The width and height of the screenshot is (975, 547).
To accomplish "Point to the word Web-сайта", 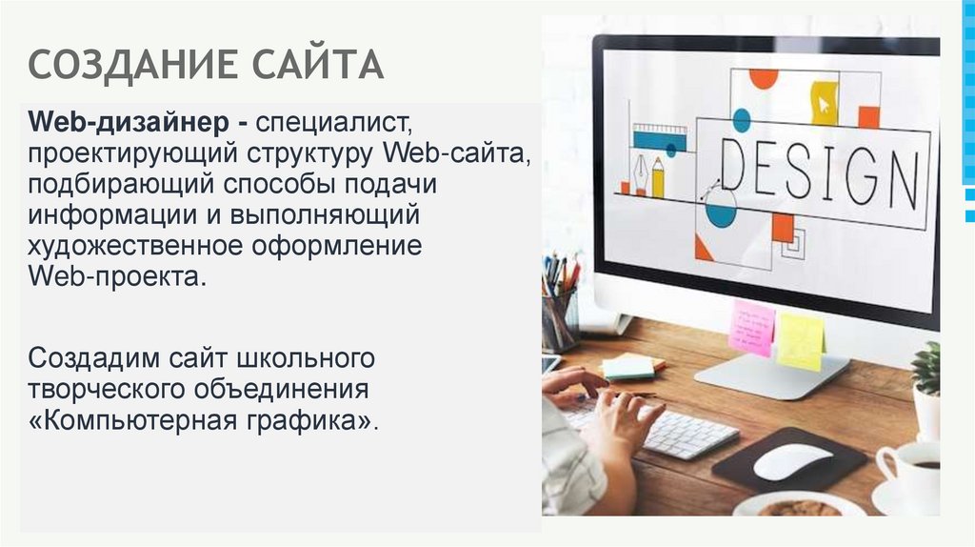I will tap(455, 152).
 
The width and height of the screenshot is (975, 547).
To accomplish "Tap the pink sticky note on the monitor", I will tap(752, 328).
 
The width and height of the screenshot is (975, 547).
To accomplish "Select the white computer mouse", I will tap(792, 461).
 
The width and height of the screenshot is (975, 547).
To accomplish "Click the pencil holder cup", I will tap(559, 318).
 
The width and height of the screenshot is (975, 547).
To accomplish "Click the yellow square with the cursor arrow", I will tap(824, 102).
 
